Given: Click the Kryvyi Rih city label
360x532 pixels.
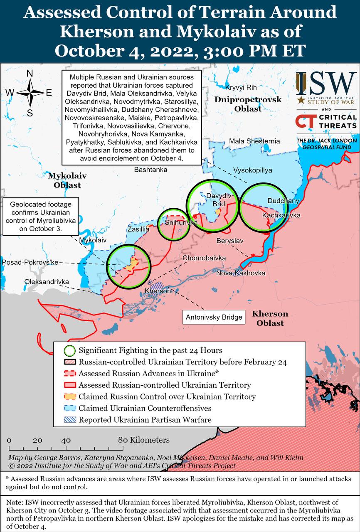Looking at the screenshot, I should (241, 88).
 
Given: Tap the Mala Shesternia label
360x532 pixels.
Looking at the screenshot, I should (254, 141).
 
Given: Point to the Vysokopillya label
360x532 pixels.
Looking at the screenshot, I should (252, 170).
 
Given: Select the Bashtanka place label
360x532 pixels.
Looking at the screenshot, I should (150, 170).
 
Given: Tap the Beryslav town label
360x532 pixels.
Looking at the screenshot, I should (230, 241).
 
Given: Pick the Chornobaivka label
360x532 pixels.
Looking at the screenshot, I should (205, 258).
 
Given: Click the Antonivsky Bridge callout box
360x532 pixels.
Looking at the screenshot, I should (214, 317).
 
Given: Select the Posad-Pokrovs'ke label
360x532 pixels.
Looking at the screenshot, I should (30, 262).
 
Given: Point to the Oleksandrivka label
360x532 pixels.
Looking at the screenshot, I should (47, 282).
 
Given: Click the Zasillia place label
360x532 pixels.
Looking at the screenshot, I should (138, 229).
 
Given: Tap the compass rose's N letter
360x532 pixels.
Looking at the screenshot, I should (30, 74).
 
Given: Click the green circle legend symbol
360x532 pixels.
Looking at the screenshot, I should (70, 350).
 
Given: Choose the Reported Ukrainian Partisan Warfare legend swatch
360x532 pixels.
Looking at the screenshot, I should (70, 420).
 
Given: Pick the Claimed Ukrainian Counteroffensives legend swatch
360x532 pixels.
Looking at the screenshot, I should (70, 408).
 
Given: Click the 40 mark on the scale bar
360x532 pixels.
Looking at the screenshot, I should (66, 440).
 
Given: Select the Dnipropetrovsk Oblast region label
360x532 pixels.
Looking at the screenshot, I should (248, 104).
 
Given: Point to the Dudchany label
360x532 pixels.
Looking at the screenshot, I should (283, 201).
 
